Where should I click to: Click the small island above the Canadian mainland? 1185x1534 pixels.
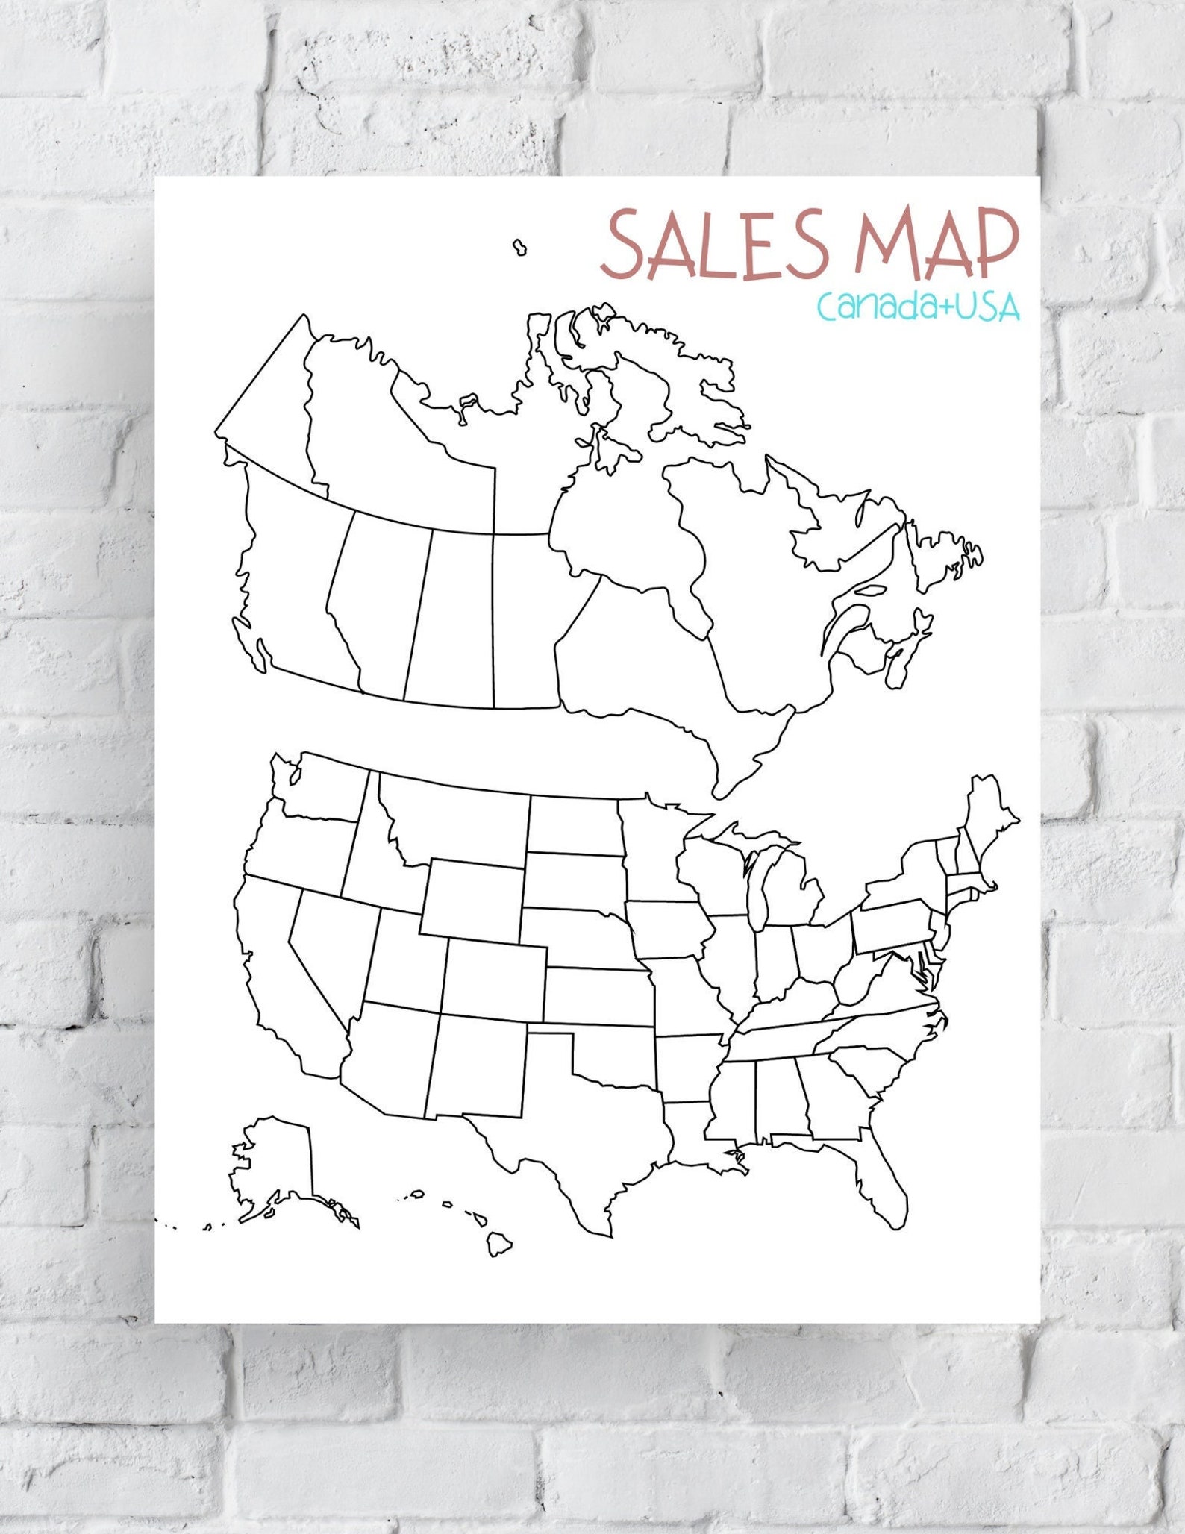click(x=519, y=247)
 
